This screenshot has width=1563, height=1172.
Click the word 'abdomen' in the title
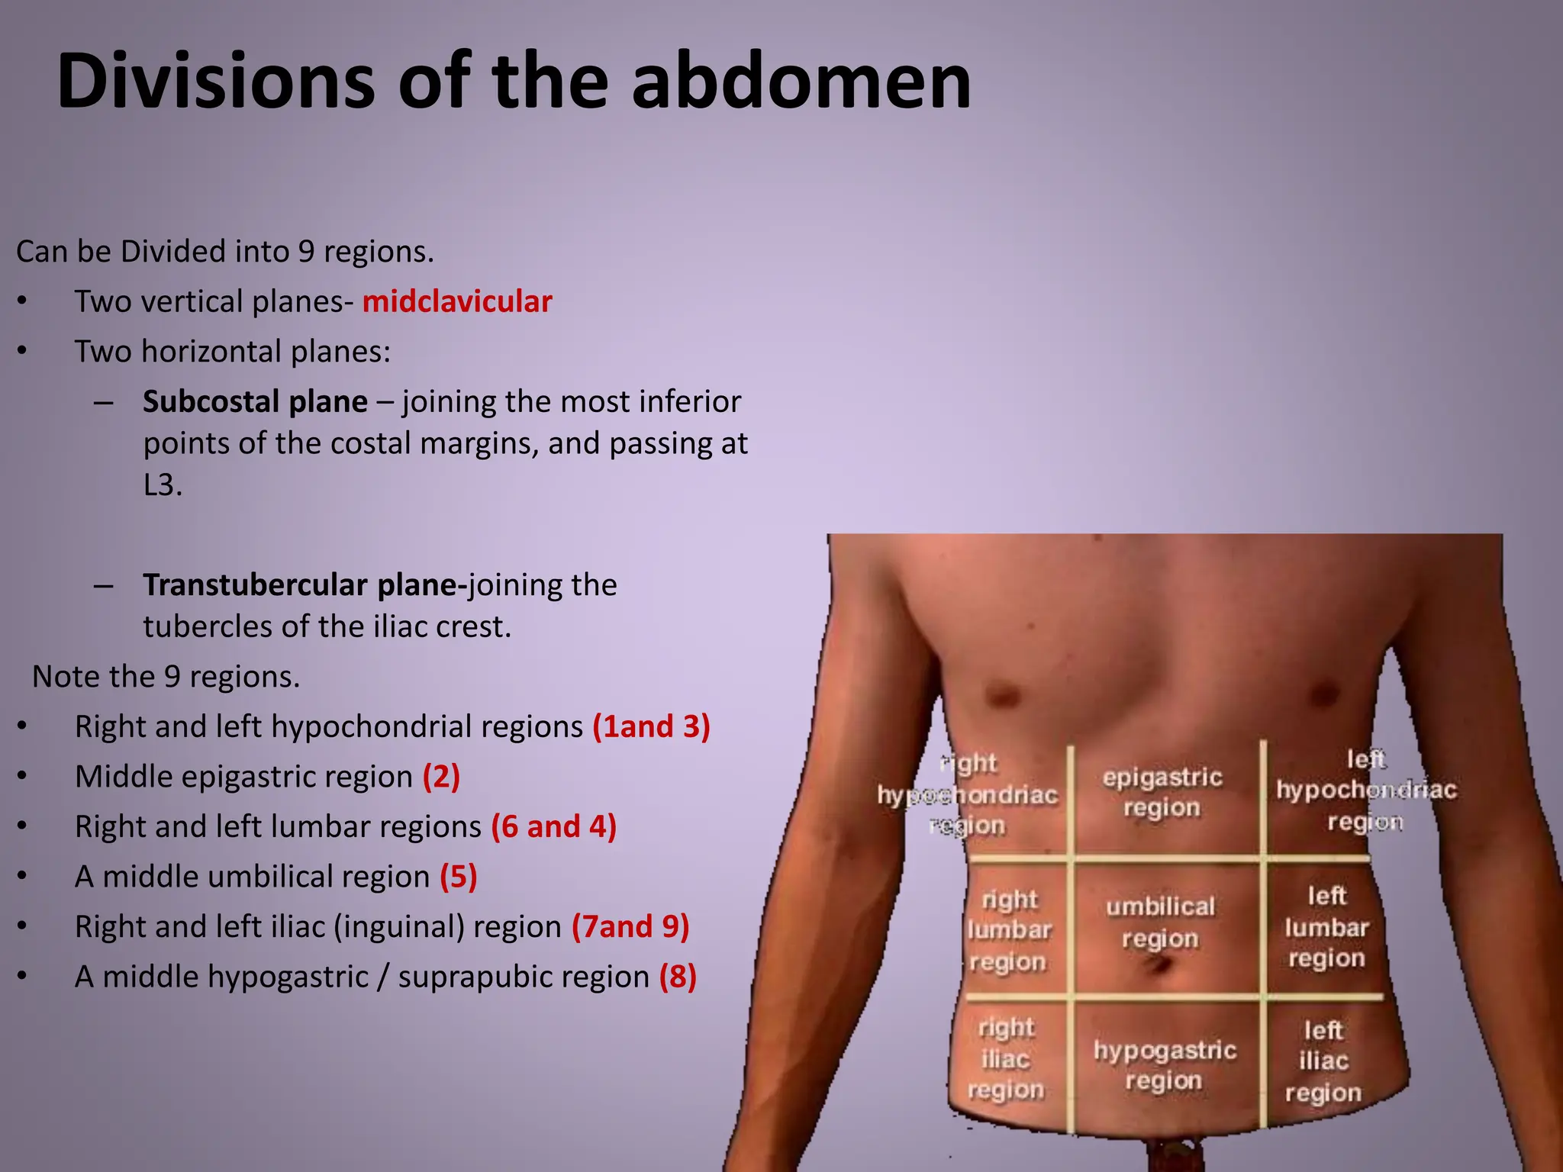pyautogui.click(x=801, y=81)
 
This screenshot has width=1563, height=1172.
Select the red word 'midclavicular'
pyautogui.click(x=456, y=302)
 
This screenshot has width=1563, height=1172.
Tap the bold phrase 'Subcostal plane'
pyautogui.click(x=255, y=402)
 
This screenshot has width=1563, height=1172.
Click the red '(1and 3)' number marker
pyautogui.click(x=651, y=726)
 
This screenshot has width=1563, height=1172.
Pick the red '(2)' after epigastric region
pyautogui.click(x=441, y=777)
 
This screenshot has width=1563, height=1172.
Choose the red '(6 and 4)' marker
pyautogui.click(x=553, y=827)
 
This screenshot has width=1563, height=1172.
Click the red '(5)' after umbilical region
pyautogui.click(x=458, y=877)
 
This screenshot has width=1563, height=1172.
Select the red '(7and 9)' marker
pyautogui.click(x=630, y=927)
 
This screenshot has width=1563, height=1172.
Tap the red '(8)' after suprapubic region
pyautogui.click(x=678, y=977)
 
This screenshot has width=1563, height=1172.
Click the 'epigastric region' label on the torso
pyautogui.click(x=1162, y=792)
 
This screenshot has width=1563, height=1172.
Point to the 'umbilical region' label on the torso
pyautogui.click(x=1160, y=922)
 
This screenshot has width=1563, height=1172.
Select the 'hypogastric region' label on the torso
pyautogui.click(x=1165, y=1065)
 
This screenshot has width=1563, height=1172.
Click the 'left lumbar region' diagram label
pyautogui.click(x=1326, y=927)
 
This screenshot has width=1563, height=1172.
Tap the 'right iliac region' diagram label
pyautogui.click(x=1006, y=1059)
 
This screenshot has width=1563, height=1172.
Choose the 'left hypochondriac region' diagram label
pyautogui.click(x=1365, y=790)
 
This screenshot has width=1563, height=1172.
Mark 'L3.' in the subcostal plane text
pyautogui.click(x=163, y=485)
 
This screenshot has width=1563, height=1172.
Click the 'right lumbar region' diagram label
pyautogui.click(x=1009, y=931)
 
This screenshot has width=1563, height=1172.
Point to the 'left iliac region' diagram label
pyautogui.click(x=1323, y=1061)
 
